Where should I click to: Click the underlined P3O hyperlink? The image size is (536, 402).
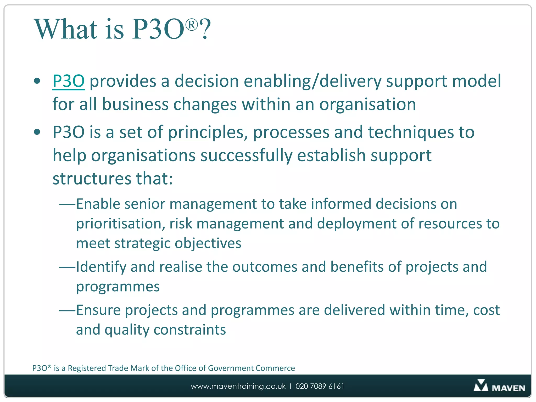point(68,81)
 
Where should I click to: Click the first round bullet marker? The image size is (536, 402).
point(37,81)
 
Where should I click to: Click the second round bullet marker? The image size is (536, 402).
point(37,132)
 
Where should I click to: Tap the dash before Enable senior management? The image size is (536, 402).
point(67,204)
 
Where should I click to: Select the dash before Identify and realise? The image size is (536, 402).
point(67,267)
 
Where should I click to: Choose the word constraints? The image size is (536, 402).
point(190,330)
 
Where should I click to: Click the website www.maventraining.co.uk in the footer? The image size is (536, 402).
point(238,386)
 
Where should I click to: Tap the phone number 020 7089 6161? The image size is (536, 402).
point(320,386)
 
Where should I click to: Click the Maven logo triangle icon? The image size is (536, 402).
point(481,386)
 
